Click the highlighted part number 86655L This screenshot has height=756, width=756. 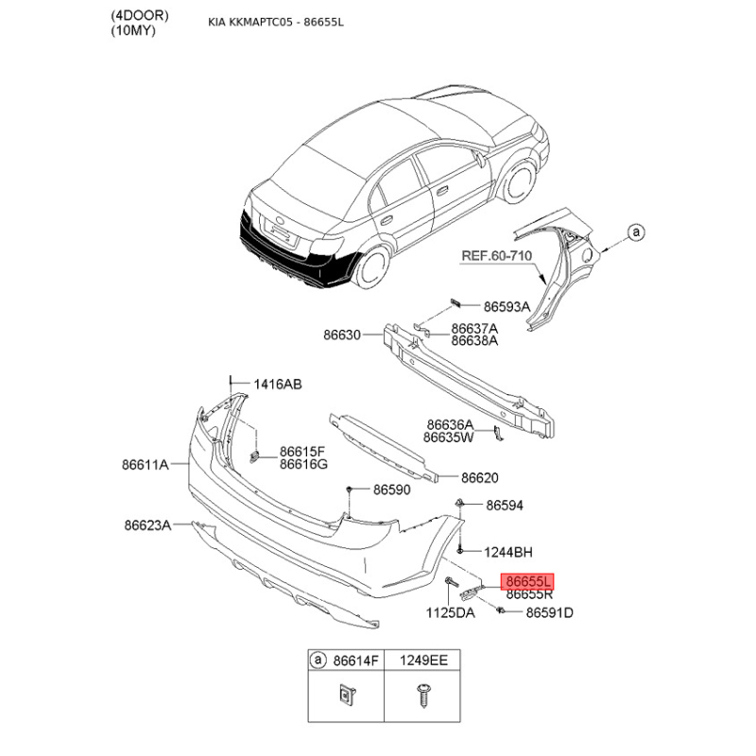(x=528, y=581)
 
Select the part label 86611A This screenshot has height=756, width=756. (x=146, y=464)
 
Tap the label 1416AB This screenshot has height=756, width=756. (x=278, y=385)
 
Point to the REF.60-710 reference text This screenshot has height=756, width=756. (x=497, y=255)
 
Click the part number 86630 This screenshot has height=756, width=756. (x=342, y=335)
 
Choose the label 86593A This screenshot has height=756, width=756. (x=507, y=306)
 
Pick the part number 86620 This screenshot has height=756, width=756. (x=480, y=478)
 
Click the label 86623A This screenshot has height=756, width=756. (x=147, y=524)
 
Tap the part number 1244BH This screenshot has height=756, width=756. (x=508, y=552)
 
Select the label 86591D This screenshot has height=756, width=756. (x=550, y=612)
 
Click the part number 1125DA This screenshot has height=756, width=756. (x=451, y=612)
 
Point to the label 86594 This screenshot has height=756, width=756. (x=505, y=506)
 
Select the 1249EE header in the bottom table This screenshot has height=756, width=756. (x=423, y=660)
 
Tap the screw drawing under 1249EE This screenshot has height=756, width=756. (x=422, y=696)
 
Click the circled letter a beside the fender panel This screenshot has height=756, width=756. (x=636, y=232)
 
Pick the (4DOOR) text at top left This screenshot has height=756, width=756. (x=140, y=15)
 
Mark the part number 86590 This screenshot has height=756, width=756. (x=392, y=490)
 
